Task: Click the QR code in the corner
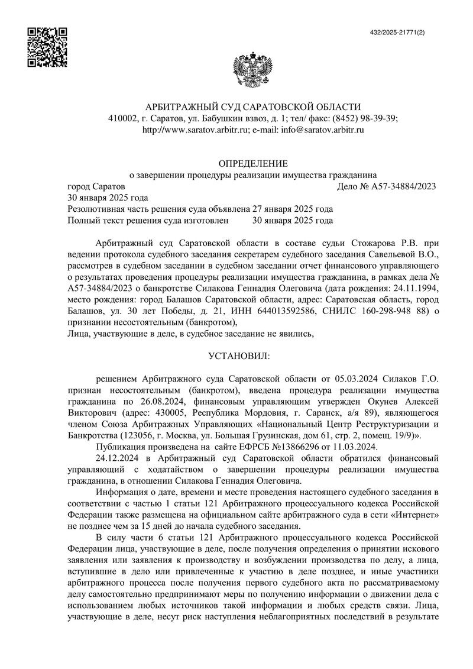tap(48, 47)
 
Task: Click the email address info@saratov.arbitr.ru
tap(319, 129)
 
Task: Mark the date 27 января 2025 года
tap(292, 209)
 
